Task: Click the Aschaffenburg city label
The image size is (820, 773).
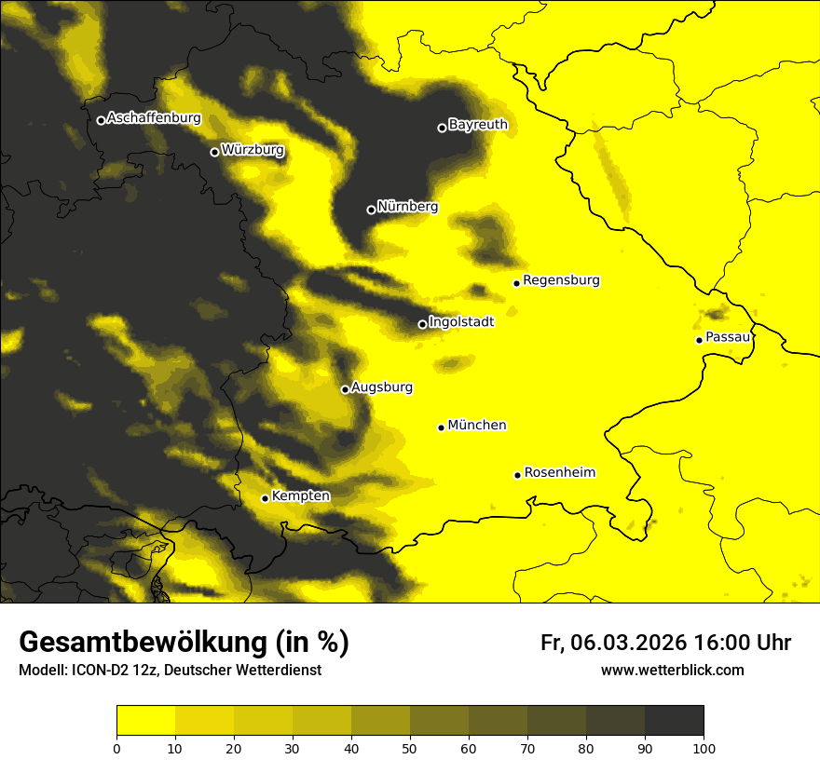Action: tap(154, 118)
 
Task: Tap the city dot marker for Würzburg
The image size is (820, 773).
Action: tap(214, 152)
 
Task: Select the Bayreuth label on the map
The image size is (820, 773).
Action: tap(478, 124)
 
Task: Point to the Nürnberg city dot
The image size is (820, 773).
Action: tap(371, 210)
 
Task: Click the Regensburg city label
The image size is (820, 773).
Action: tap(561, 279)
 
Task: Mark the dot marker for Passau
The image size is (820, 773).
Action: tap(699, 340)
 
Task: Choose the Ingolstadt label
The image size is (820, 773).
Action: tap(461, 321)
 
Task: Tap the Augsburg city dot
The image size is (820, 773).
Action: tap(345, 389)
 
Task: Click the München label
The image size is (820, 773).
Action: tap(477, 425)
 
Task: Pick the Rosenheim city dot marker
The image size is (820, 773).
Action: tap(517, 475)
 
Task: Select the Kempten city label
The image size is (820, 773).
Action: tap(300, 495)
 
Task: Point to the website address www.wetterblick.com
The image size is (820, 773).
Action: tap(672, 670)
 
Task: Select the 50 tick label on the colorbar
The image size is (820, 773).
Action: tap(410, 747)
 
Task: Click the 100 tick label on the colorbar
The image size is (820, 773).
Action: tap(704, 747)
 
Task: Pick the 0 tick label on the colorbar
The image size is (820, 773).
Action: tap(116, 747)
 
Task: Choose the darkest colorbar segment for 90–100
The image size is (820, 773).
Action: tap(674, 721)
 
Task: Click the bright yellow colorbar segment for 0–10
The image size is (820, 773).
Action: tap(145, 721)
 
